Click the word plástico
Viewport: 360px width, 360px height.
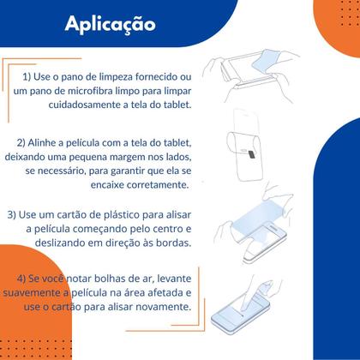point(127,213)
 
